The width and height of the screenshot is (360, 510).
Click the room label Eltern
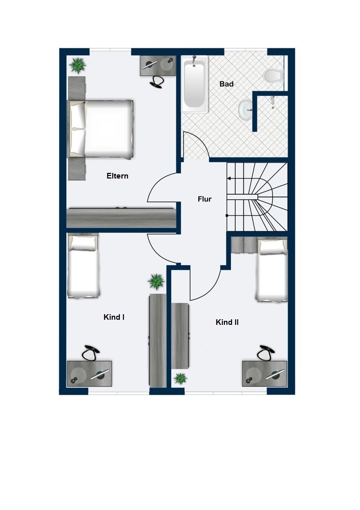117,176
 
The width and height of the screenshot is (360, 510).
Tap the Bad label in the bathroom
226,84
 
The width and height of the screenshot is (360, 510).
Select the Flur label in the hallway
204,199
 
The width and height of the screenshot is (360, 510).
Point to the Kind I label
114,317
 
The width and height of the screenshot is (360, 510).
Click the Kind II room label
227,322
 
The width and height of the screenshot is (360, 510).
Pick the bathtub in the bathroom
194,85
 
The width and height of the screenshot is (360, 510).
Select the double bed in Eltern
100,129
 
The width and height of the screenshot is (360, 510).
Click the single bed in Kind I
82,266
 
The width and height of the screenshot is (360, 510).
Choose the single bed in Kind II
272,270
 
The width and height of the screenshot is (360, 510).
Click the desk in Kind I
89,373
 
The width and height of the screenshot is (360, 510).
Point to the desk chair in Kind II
266,353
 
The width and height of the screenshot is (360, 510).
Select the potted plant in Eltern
78,65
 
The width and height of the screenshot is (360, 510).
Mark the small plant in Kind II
180,378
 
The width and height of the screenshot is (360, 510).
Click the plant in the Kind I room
156,282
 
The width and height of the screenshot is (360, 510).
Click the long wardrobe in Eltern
121,217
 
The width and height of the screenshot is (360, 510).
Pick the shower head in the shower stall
272,101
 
